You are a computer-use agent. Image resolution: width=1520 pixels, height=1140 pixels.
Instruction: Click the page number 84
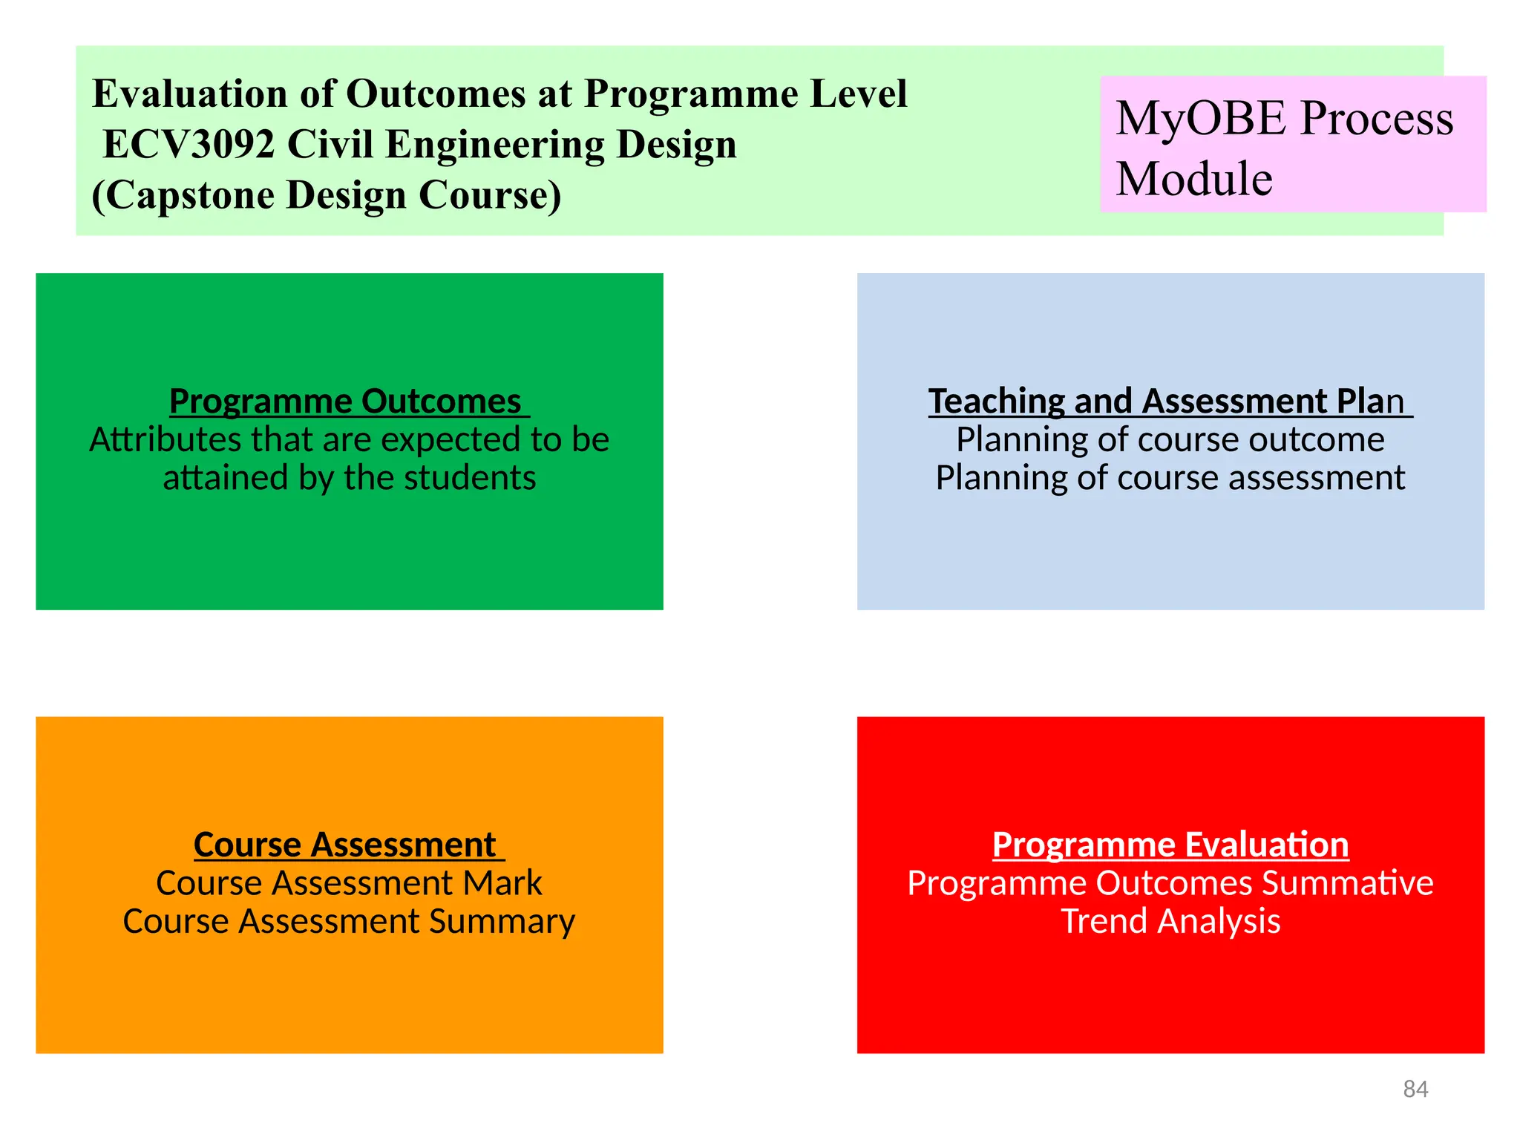[1415, 1089]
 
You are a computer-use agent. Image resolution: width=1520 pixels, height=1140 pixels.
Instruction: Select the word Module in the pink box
[1194, 180]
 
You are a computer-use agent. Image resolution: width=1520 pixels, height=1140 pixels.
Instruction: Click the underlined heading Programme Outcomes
[345, 402]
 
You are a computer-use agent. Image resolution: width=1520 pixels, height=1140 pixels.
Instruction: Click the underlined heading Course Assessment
[345, 845]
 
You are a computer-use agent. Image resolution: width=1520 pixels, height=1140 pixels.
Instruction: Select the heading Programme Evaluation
[1170, 845]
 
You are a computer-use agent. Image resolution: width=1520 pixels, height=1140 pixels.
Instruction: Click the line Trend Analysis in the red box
[1170, 922]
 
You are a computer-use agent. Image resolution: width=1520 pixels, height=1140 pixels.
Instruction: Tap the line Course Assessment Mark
[349, 883]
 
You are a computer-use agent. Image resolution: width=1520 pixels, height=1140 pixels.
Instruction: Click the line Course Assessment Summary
[349, 922]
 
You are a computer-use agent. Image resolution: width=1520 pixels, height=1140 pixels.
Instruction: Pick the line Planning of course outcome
[1170, 440]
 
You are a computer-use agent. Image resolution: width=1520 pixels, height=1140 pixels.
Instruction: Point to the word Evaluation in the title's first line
[189, 94]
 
